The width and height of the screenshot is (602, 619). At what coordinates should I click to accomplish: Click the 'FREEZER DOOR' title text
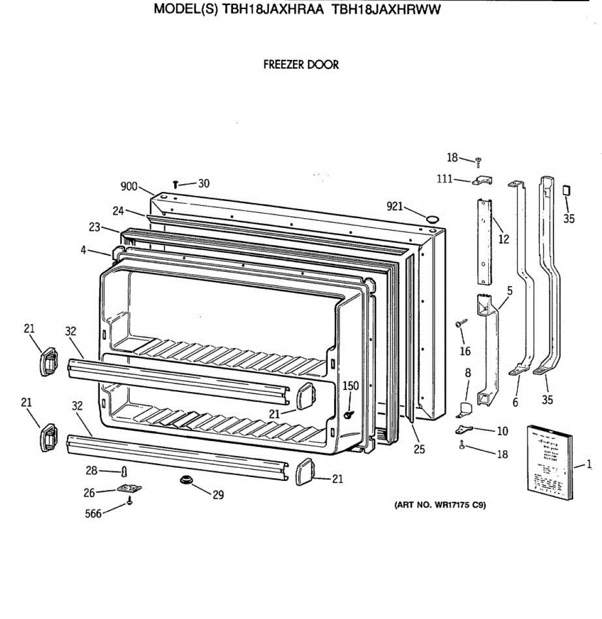tap(301, 65)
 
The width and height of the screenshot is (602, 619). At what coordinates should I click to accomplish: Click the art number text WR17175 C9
tap(440, 505)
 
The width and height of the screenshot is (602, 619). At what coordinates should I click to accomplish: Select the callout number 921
tap(394, 207)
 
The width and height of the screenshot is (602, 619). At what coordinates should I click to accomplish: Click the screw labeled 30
tap(176, 184)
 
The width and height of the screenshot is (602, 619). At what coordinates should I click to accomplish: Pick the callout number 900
tap(129, 186)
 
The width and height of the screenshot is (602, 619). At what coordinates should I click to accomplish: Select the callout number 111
tap(444, 179)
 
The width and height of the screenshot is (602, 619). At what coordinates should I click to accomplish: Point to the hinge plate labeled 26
tap(129, 488)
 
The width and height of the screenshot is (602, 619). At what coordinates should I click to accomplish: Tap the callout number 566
tap(93, 513)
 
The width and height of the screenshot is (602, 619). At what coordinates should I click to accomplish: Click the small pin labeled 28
tap(124, 471)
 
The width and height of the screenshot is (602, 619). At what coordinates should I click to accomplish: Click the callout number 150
tap(350, 386)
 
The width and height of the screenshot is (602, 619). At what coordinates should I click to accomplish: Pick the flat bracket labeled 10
tap(466, 429)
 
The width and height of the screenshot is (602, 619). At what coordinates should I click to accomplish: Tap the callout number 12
tap(504, 239)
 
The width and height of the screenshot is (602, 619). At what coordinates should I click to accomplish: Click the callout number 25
tap(420, 449)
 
